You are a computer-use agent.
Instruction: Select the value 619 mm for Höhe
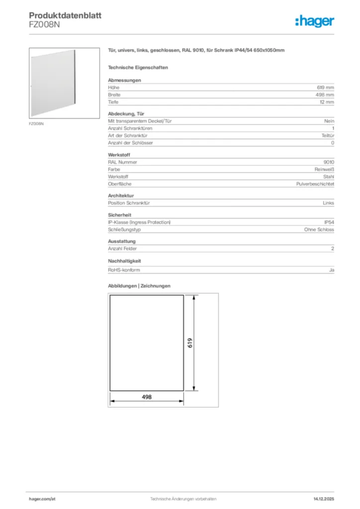(326, 87)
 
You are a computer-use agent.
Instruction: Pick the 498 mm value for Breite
(325, 95)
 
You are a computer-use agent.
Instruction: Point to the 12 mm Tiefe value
(327, 102)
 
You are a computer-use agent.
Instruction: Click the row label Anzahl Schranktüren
(130, 128)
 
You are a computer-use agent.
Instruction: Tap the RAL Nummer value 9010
(329, 162)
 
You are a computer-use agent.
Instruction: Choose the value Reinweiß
(324, 170)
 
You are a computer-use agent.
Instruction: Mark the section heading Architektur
(121, 196)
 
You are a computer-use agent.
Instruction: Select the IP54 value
(329, 222)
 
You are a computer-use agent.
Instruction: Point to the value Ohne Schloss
(319, 230)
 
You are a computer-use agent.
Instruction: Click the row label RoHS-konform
(124, 270)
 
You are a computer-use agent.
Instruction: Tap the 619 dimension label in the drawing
(190, 342)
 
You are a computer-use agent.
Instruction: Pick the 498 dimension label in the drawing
(146, 397)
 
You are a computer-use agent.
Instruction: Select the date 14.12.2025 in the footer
(324, 499)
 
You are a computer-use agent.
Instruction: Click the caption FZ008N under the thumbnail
(36, 123)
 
